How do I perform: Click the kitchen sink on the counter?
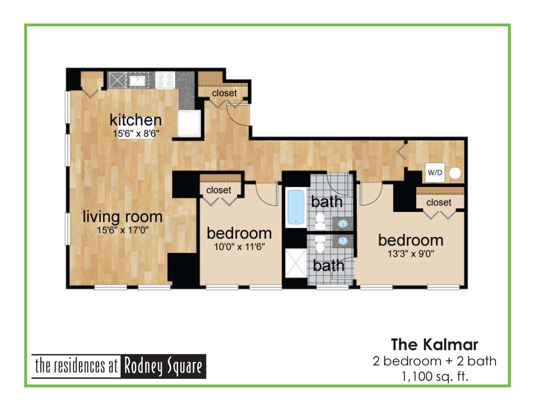137,80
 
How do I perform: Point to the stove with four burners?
165,80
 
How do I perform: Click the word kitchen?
135,120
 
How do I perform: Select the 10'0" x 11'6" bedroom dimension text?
240,246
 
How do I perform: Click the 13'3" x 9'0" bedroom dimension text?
411,253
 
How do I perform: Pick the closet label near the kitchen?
224,93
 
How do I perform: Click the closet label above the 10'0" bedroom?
219,190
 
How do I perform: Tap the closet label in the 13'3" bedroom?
439,202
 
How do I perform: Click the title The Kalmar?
434,344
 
